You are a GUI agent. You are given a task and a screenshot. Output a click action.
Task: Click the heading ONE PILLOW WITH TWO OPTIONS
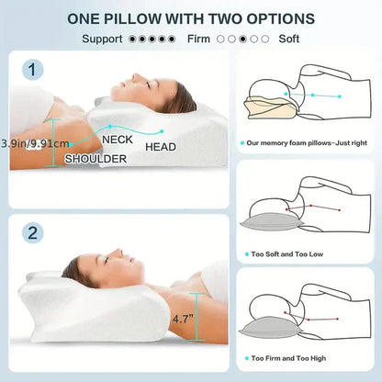coord(191,18)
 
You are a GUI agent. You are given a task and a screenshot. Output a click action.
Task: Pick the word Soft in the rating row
coord(289,39)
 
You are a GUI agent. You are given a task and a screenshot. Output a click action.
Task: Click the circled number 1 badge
coord(33,69)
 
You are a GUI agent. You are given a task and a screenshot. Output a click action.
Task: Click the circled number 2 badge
coord(33,233)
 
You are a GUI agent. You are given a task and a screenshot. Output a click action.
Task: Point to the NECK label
coord(117,140)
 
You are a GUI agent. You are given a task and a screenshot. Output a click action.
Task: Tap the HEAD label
coord(161,147)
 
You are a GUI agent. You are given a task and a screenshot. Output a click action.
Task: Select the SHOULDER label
coord(95,158)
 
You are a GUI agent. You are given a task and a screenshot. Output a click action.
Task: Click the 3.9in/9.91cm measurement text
coord(33,143)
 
